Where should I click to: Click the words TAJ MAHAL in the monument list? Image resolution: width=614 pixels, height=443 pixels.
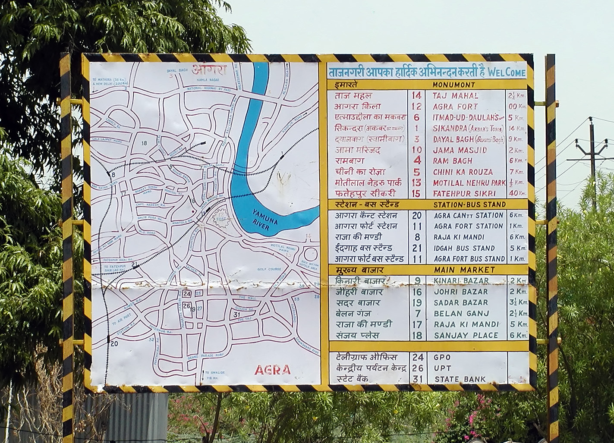[x=455, y=96]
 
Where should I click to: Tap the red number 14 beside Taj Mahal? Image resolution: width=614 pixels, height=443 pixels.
[x=416, y=95]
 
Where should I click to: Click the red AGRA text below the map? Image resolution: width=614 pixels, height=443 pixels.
[x=272, y=370]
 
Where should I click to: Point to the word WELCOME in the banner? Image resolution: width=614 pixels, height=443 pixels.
[x=507, y=72]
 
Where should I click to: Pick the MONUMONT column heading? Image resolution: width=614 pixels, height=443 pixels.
[x=453, y=85]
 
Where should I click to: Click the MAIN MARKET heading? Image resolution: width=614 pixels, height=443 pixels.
[x=464, y=270]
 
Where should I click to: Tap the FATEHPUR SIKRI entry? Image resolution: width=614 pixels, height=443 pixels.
[x=463, y=194]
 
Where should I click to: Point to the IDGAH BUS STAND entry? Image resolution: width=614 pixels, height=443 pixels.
[x=464, y=248]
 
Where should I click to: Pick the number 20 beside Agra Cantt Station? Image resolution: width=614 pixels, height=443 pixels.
[x=416, y=215]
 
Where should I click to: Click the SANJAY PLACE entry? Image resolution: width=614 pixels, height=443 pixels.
[x=466, y=335]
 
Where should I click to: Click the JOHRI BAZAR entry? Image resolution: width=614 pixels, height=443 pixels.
[x=460, y=292]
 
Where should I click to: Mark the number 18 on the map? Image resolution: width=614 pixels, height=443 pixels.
[x=144, y=143]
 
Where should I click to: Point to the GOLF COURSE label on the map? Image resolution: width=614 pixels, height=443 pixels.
[x=270, y=269]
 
